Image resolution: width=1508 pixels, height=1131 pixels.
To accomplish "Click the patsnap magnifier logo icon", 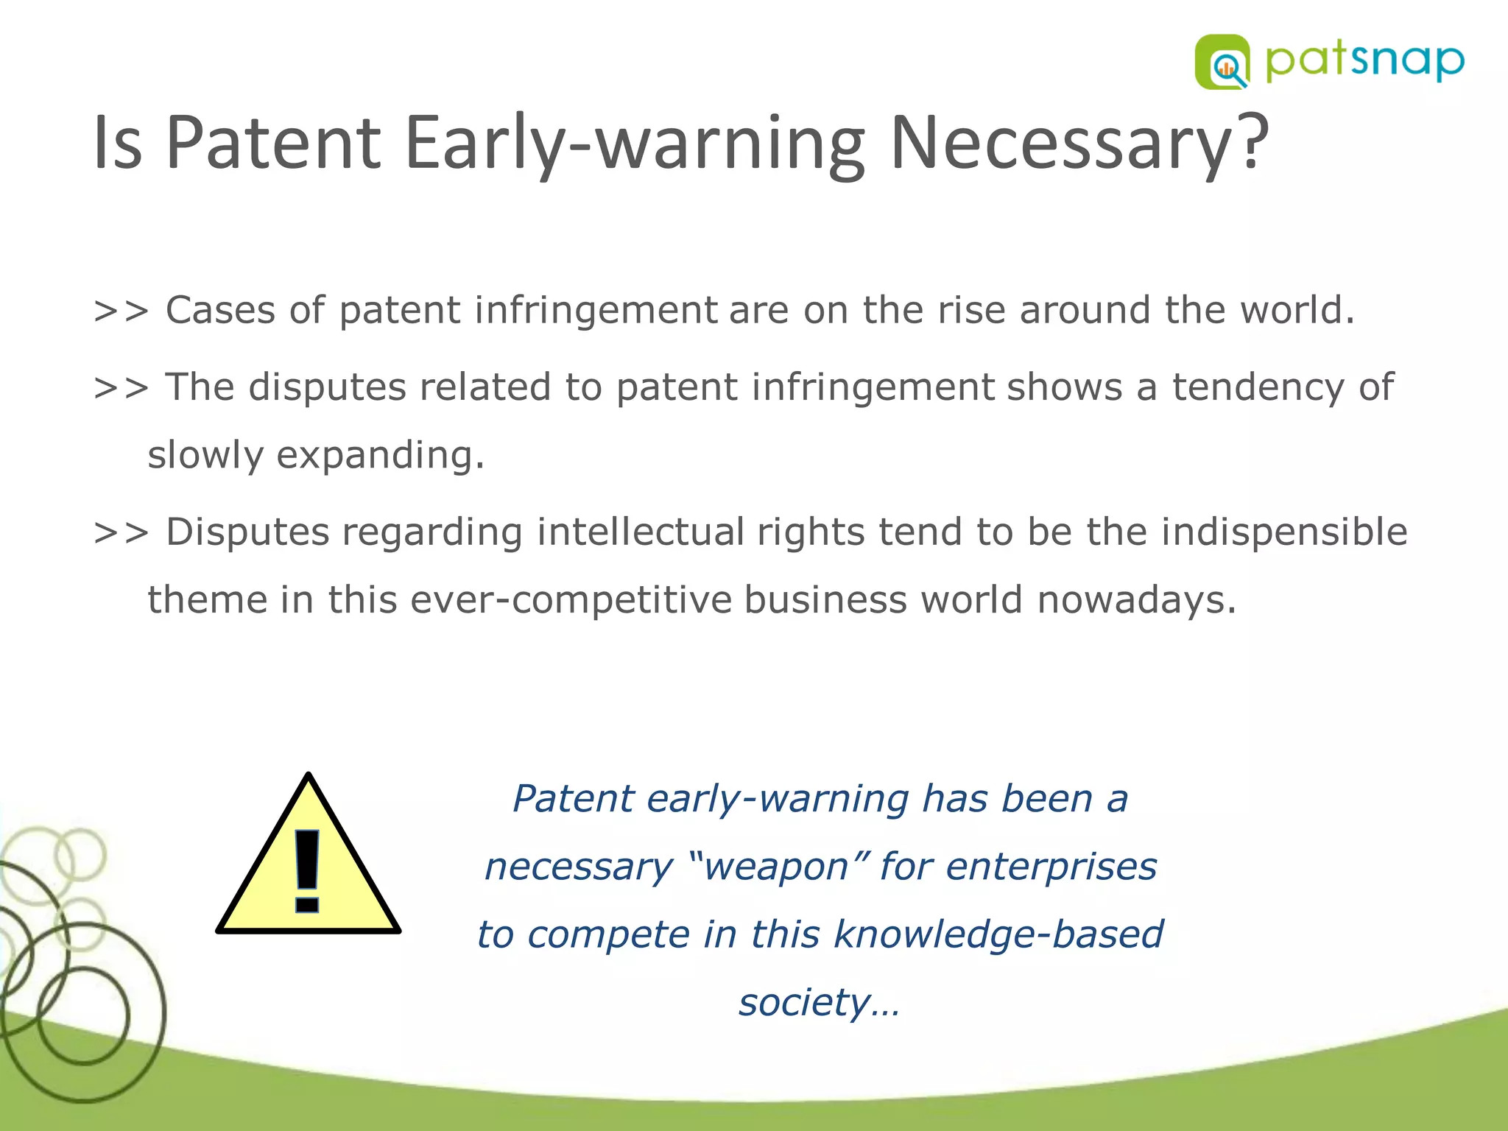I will pos(1222,62).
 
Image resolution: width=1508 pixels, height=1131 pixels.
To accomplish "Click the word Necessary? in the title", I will pos(1079,142).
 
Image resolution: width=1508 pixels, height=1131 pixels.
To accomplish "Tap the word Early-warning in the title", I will pos(635,142).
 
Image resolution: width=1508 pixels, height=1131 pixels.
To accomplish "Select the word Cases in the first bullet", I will pos(220,310).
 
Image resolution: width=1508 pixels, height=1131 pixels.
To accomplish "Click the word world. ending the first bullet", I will pos(1297,310).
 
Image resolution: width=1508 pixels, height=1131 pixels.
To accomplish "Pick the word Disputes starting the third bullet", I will pos(247,532).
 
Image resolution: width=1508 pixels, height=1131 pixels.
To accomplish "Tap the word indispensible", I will pos(1284,532).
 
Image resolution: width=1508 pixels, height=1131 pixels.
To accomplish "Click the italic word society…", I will pos(819,1003).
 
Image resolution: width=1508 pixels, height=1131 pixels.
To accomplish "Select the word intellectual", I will pos(640,532).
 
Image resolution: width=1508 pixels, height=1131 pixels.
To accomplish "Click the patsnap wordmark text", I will pos(1364,62).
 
